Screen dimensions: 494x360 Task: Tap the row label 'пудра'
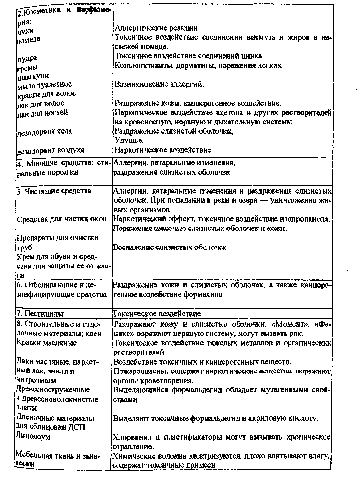(26, 58)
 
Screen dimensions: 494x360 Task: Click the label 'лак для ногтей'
(42, 113)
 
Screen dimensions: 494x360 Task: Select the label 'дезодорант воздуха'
(51, 150)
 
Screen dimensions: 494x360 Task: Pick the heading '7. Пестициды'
(40, 314)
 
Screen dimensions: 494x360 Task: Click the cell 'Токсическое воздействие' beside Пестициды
(156, 314)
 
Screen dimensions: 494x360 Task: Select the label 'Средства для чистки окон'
(62, 219)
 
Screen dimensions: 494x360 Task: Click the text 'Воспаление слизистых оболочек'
(170, 247)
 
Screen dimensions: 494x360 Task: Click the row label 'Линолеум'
(33, 437)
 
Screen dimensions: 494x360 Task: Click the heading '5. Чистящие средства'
(54, 191)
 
